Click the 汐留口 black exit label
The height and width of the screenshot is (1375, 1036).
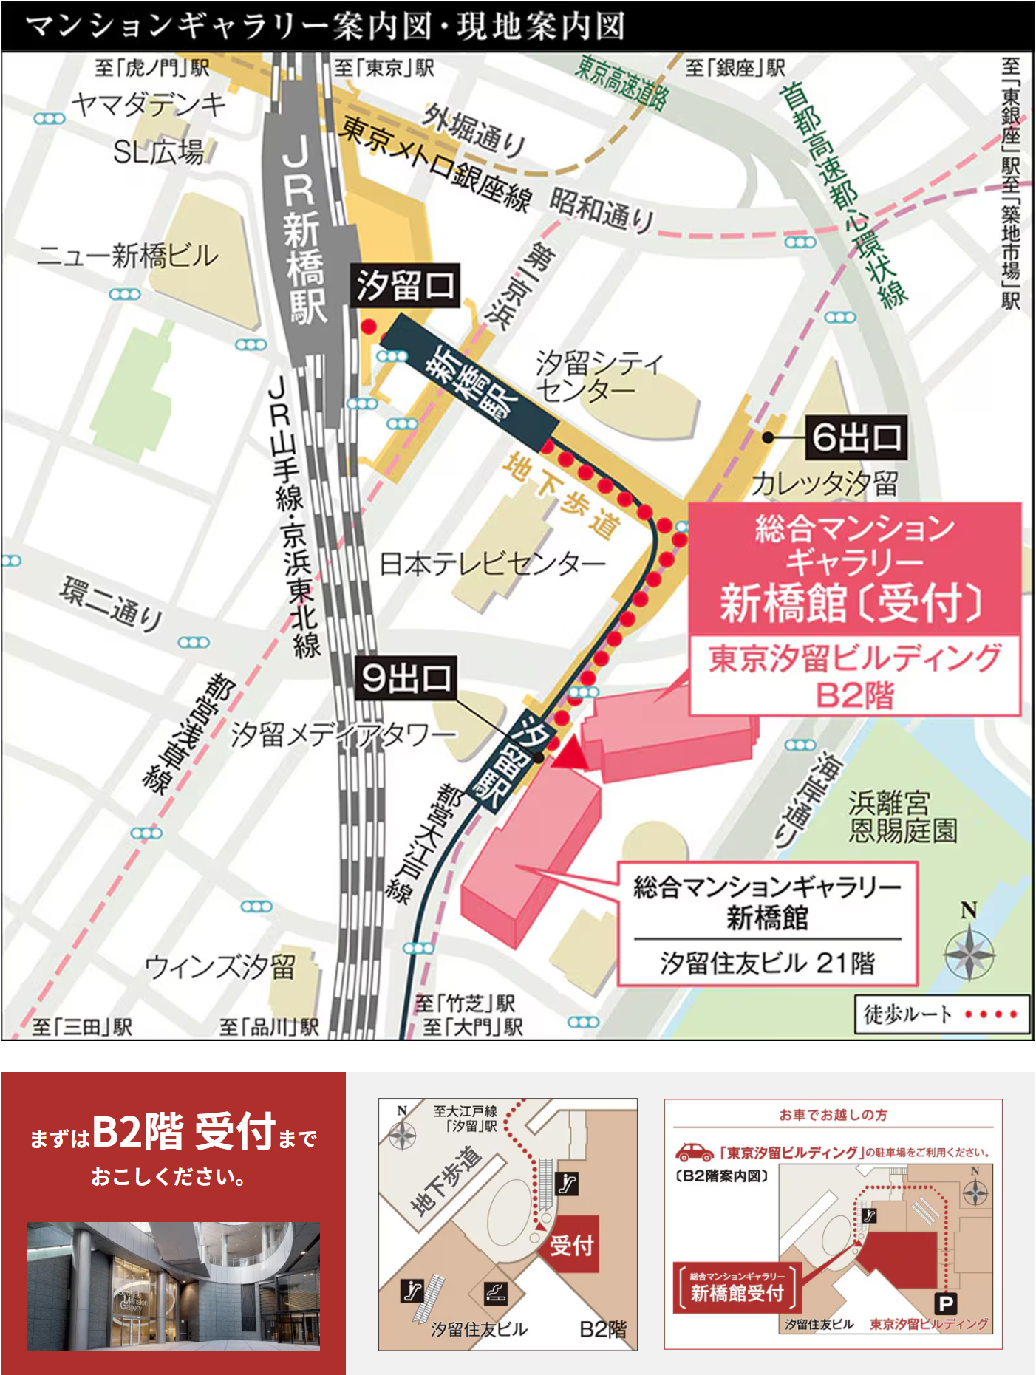(405, 285)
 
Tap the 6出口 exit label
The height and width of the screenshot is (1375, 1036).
(856, 437)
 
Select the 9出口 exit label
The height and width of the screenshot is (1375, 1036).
(405, 677)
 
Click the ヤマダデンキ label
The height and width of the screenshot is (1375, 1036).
(148, 105)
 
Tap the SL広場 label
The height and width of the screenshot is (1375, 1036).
(158, 152)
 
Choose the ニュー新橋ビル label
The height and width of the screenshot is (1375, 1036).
(128, 256)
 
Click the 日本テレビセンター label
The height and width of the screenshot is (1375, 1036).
(491, 564)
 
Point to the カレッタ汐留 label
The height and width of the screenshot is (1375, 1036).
(824, 484)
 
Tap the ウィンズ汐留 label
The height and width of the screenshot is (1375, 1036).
(219, 966)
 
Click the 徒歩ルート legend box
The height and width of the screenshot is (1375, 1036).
(941, 1014)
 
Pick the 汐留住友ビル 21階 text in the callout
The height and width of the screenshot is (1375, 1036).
(767, 963)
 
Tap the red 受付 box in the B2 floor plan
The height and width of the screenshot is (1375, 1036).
(572, 1244)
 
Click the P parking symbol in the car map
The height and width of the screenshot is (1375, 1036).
(945, 1303)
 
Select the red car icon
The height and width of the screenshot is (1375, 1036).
(694, 1152)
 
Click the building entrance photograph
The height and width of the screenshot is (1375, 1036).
(173, 1286)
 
